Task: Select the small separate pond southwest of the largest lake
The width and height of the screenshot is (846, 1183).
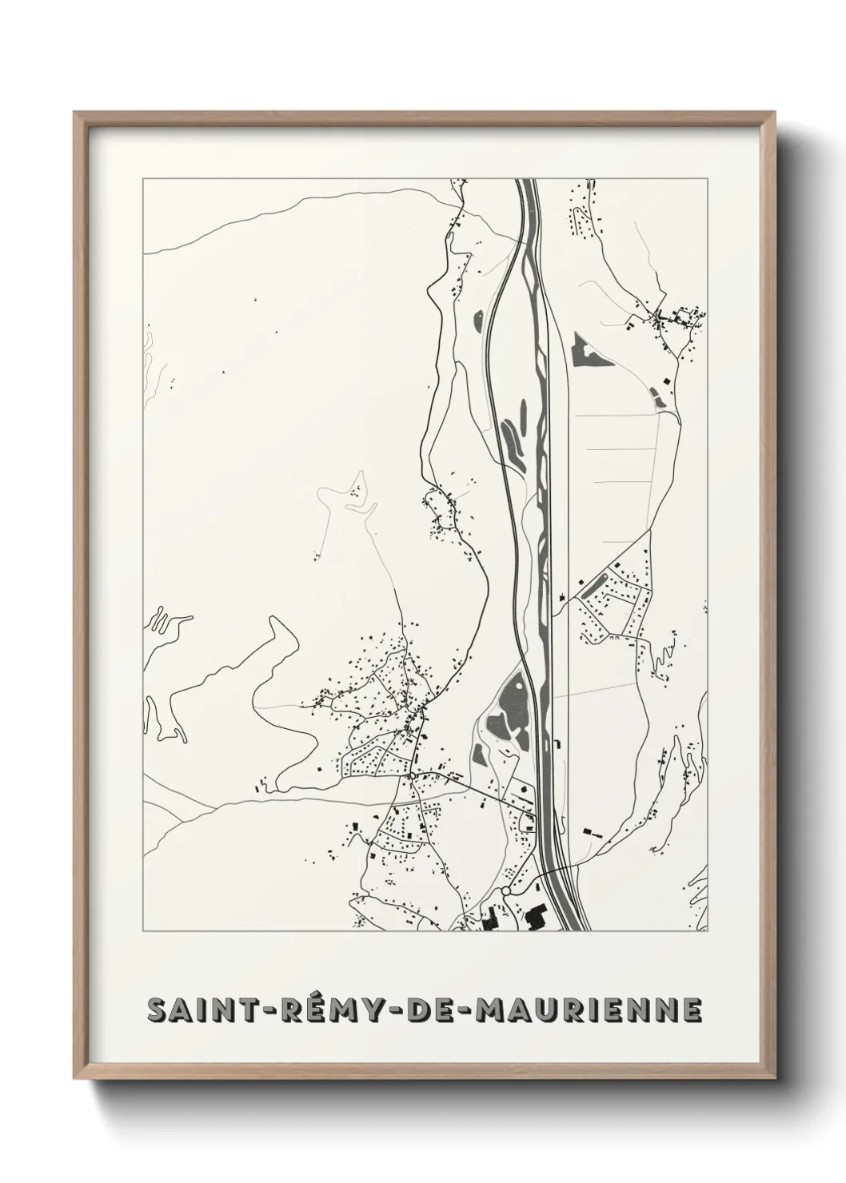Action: click(x=478, y=753)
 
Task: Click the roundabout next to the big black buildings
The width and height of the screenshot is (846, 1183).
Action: click(x=506, y=891)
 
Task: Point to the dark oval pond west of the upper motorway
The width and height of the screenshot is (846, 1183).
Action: click(x=478, y=320)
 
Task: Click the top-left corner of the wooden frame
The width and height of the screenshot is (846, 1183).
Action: click(x=74, y=113)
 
